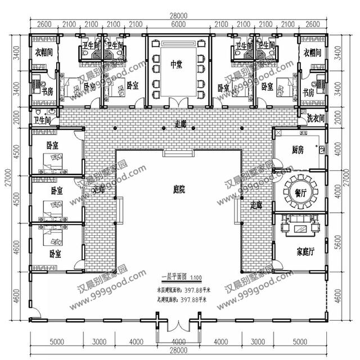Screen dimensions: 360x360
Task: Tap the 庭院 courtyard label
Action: click(179, 190)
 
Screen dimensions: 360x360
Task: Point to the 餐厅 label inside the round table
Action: click(300, 192)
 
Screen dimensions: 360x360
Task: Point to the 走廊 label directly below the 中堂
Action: click(180, 122)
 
